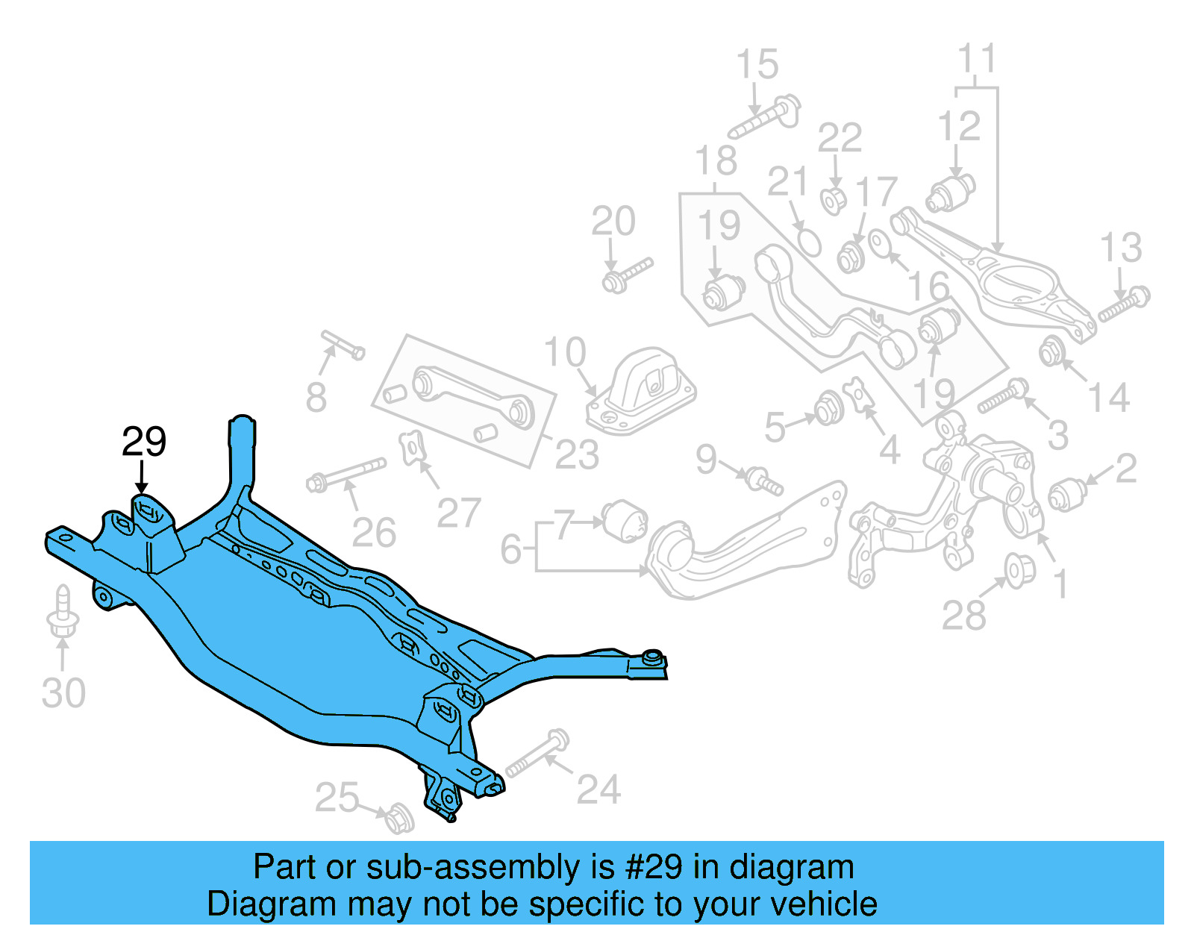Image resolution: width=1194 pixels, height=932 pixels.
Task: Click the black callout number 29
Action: tap(144, 442)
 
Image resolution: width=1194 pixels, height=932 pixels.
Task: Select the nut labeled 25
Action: tap(399, 818)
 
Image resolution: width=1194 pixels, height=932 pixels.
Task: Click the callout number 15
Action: tap(757, 65)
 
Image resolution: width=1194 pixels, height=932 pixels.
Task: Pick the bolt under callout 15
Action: tap(765, 118)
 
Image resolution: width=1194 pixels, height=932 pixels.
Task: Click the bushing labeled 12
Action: tap(951, 192)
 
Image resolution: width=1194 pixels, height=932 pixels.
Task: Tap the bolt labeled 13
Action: tap(1125, 304)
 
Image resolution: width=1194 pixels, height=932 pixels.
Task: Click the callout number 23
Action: tap(577, 454)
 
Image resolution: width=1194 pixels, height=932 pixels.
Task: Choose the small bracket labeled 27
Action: tap(412, 449)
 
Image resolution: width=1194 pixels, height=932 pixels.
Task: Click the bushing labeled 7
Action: tap(625, 519)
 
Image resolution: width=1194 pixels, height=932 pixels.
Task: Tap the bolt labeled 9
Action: tap(764, 481)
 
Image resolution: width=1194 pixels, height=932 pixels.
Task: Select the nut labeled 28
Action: tap(1019, 570)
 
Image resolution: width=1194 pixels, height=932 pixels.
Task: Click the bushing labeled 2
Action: tap(1068, 493)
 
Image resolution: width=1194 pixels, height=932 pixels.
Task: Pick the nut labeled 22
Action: tap(834, 199)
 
